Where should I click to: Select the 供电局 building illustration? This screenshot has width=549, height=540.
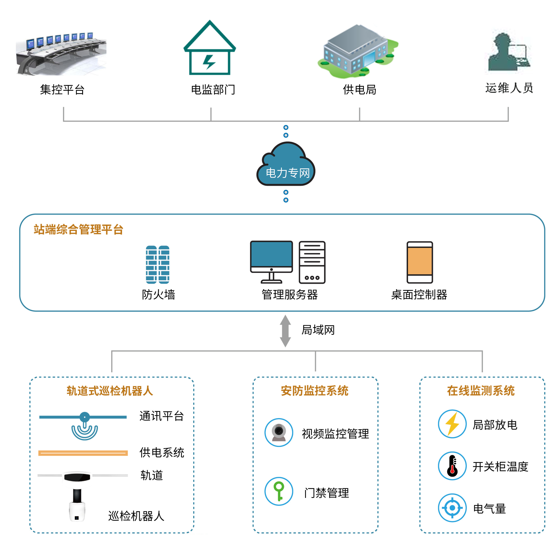(357, 51)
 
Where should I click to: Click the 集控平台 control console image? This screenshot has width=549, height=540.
(61, 54)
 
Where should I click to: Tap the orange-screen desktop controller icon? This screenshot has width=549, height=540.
(419, 262)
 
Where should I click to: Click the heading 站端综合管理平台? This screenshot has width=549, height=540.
(78, 229)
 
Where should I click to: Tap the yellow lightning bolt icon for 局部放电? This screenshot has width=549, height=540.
(452, 424)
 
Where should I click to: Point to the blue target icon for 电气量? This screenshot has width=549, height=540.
(452, 508)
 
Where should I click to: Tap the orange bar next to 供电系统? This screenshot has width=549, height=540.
(83, 453)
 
